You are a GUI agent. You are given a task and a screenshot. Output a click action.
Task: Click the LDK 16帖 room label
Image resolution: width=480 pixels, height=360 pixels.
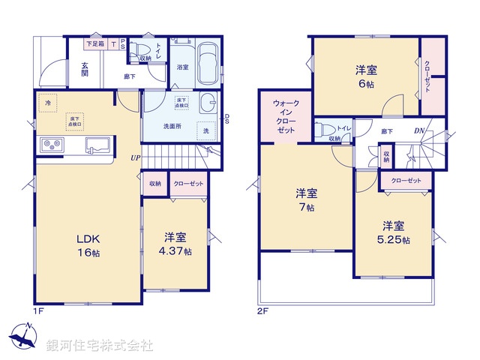[x=88, y=245]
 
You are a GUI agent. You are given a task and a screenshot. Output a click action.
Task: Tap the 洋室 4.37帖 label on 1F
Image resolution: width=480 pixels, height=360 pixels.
[x=178, y=245]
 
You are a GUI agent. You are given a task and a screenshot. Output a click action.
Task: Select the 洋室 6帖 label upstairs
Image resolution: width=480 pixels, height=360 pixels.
[x=366, y=77]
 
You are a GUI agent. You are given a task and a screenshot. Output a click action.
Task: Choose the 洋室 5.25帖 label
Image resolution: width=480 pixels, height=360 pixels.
[x=394, y=232]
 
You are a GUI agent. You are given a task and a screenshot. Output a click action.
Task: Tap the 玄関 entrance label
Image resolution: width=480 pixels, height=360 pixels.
[x=85, y=69]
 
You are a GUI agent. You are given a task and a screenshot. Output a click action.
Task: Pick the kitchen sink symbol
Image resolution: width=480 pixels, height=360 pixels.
[x=98, y=144]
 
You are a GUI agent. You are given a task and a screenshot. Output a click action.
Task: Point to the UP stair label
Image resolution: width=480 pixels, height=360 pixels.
[x=135, y=158]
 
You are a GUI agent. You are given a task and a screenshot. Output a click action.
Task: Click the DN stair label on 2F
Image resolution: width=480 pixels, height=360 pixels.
[x=421, y=132]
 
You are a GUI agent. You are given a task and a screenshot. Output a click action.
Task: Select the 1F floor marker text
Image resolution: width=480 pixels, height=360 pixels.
[x=39, y=310]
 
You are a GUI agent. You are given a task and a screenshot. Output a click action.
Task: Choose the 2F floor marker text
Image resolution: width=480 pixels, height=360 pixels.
[x=263, y=310]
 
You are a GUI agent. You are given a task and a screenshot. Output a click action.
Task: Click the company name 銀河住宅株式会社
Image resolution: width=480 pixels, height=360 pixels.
[x=99, y=346]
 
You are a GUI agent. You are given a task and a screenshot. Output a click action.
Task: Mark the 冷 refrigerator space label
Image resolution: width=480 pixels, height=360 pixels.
[x=46, y=103]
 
